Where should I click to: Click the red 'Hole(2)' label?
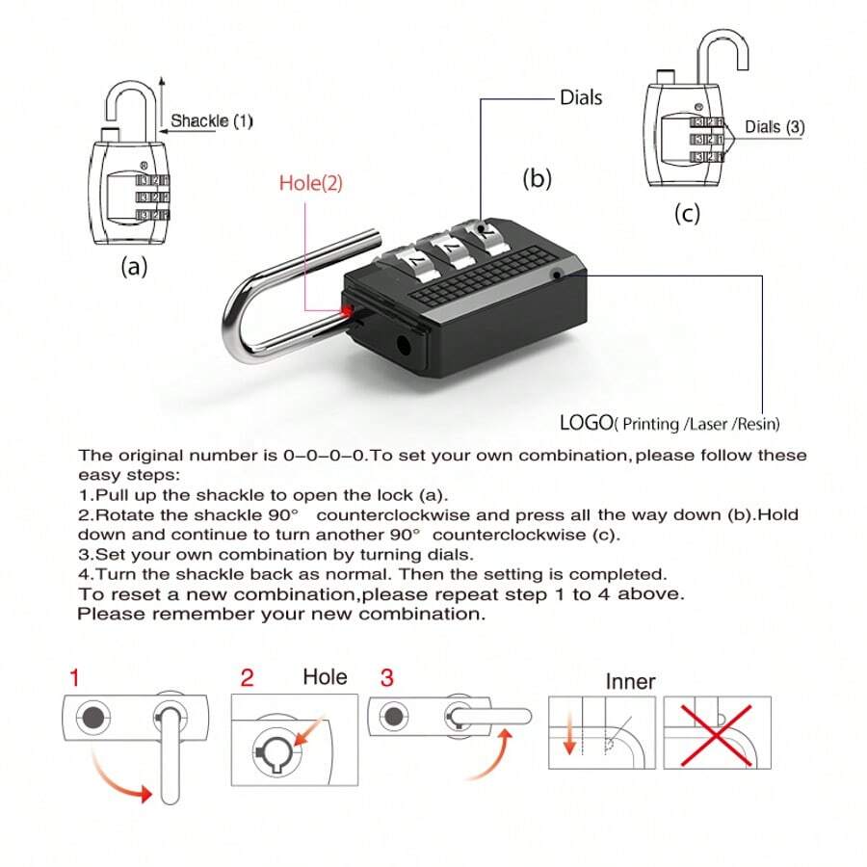pos(311,182)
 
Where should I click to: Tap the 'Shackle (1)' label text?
pos(212,121)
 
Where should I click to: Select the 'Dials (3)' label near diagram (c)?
pos(775,126)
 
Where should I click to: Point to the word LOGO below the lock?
pos(586,422)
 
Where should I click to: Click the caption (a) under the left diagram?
pos(133,268)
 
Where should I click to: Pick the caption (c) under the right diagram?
pos(686,214)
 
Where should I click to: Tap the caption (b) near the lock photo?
pos(537,178)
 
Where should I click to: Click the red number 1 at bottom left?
pos(75,677)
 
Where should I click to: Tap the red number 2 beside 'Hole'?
pos(247,677)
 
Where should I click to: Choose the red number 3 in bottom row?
pos(386,677)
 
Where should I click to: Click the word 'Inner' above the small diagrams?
pos(630,682)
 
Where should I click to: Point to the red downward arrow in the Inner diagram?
pos(568,737)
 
